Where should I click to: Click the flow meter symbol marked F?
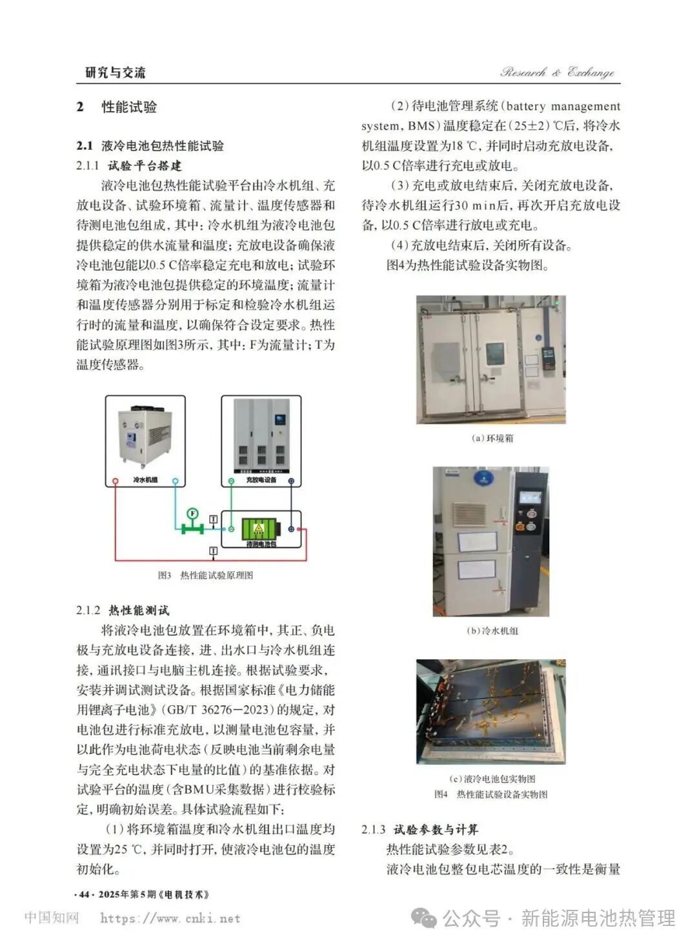click(192, 514)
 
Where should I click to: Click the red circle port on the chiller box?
click(116, 481)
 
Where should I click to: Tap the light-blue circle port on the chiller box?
click(175, 481)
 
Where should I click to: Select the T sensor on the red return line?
click(213, 551)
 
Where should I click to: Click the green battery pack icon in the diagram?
click(259, 529)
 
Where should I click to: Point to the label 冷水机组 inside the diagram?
click(145, 480)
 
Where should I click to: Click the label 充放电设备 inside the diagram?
click(261, 480)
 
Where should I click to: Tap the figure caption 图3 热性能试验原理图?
click(206, 575)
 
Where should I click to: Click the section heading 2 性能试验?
click(117, 107)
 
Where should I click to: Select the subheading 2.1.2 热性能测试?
click(123, 610)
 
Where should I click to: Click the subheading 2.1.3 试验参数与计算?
click(419, 830)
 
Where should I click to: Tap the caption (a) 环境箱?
click(492, 438)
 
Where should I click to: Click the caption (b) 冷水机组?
click(492, 631)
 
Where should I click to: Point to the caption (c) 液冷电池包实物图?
click(492, 779)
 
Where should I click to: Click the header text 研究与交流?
click(116, 72)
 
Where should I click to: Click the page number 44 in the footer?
click(84, 894)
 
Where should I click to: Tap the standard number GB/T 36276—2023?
click(217, 710)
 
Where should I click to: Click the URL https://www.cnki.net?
click(170, 918)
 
